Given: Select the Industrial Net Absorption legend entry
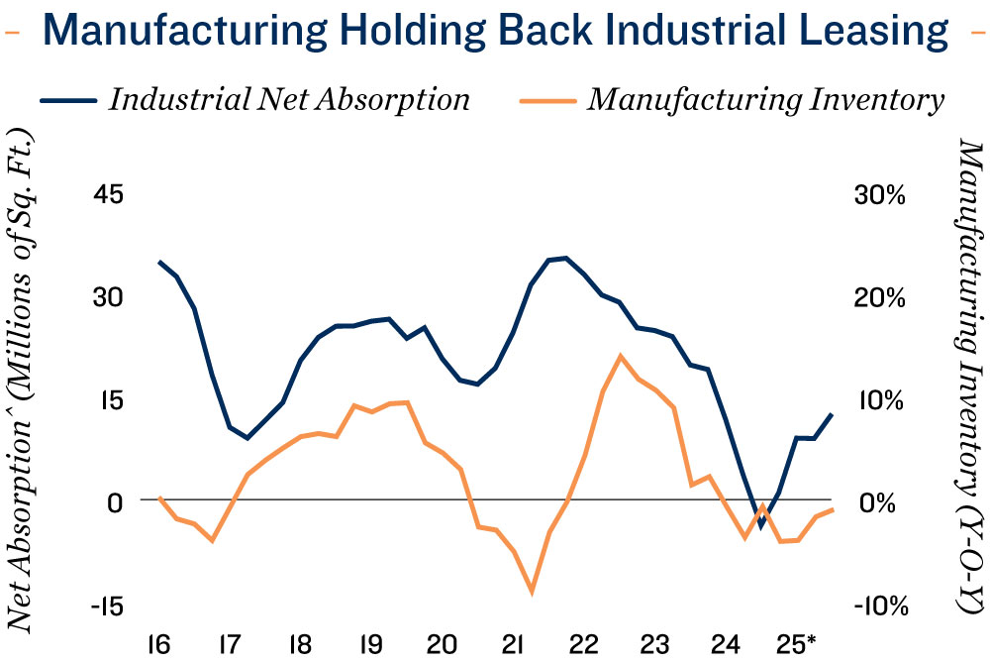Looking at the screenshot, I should (288, 100).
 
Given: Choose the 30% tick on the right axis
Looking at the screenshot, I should (879, 194).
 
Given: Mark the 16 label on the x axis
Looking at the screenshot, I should (158, 642).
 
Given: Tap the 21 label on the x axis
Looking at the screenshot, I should (513, 642).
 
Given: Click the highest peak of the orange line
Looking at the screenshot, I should (620, 356).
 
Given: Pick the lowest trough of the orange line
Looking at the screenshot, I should (532, 593).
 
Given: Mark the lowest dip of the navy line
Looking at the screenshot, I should (761, 525).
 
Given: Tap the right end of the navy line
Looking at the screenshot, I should (832, 414).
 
